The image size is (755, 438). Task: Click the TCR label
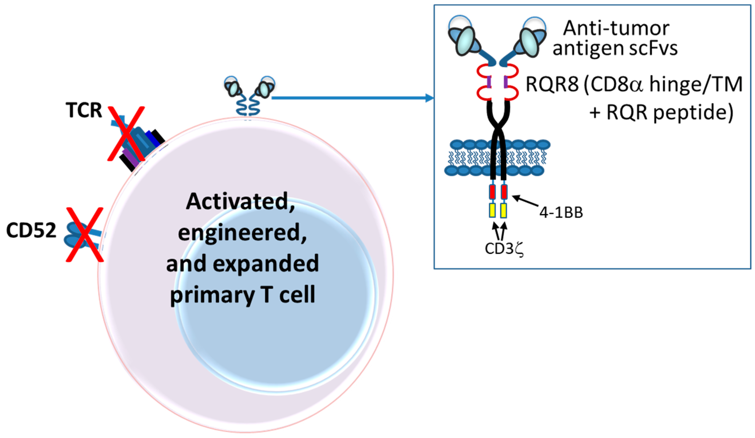pos(84,110)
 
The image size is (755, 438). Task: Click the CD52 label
pos(31,230)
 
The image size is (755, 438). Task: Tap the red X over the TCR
pos(126,134)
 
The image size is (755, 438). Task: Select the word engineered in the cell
pos(242,233)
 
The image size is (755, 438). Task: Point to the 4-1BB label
pos(561,213)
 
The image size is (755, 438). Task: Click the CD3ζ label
pos(504,248)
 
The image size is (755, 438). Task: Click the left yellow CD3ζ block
pos(492,210)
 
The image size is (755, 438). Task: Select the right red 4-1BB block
pos(504,192)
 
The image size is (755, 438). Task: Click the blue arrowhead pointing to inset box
pos(430,98)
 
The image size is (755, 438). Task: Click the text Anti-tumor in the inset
pos(616,29)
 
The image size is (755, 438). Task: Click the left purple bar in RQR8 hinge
pos(489,82)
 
